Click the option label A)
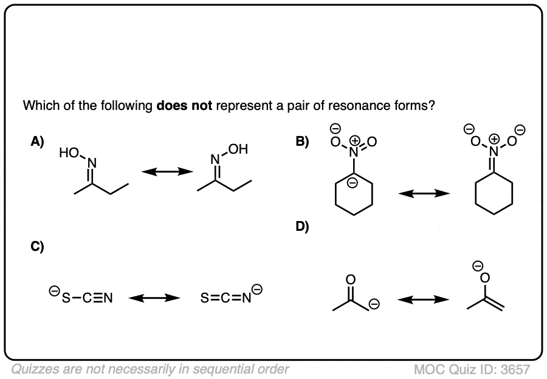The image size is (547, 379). pyautogui.click(x=38, y=142)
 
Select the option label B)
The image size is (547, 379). pyautogui.click(x=302, y=142)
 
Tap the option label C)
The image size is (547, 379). pyautogui.click(x=38, y=247)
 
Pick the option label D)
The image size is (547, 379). pyautogui.click(x=302, y=227)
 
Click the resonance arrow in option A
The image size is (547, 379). pyautogui.click(x=163, y=173)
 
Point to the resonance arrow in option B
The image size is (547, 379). pyautogui.click(x=424, y=194)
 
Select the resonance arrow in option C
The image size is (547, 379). pyautogui.click(x=154, y=298)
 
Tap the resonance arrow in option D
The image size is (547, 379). pyautogui.click(x=424, y=299)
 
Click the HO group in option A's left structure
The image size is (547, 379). pyautogui.click(x=69, y=154)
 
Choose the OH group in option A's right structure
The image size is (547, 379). pyautogui.click(x=238, y=149)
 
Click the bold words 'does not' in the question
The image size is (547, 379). pyautogui.click(x=184, y=106)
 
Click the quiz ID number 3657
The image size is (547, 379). pyautogui.click(x=517, y=369)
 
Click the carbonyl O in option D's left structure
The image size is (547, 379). pyautogui.click(x=349, y=279)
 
